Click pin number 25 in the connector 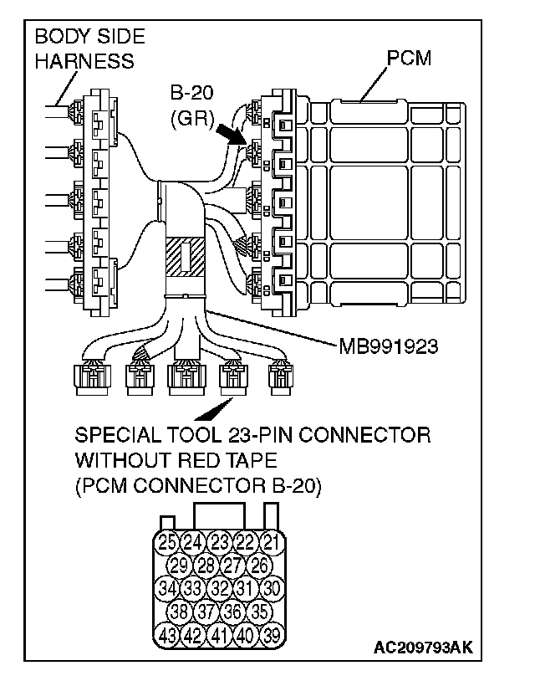click(x=167, y=541)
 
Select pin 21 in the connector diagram click(x=270, y=541)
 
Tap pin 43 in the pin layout click(x=167, y=635)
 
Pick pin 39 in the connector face click(x=270, y=635)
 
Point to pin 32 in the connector click(x=219, y=588)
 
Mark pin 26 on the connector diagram click(x=259, y=565)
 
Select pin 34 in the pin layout click(x=167, y=588)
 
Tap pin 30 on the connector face click(x=271, y=588)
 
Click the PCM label click(x=410, y=60)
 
